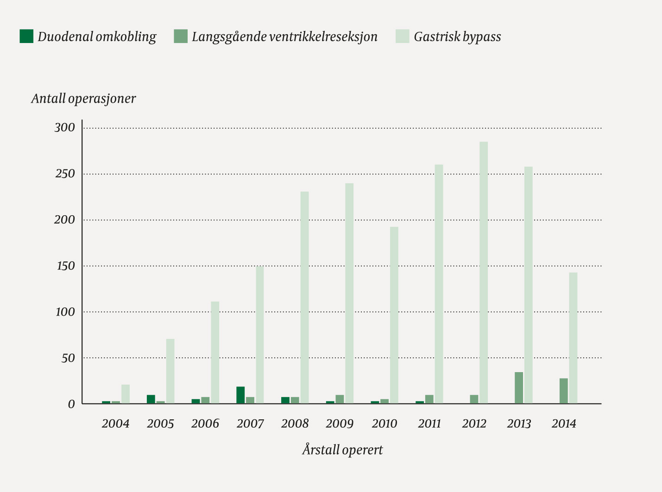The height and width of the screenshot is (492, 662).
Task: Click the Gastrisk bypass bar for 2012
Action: [483, 273]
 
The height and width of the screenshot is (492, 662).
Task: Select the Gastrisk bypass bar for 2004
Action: [126, 394]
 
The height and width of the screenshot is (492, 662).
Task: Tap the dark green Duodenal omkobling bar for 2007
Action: [240, 395]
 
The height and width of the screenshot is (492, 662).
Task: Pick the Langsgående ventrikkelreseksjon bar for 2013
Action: [519, 388]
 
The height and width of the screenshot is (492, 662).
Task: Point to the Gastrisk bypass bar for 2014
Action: [573, 338]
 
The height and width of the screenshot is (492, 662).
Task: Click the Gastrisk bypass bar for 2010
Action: [394, 315]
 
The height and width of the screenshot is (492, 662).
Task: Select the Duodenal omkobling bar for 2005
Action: [151, 399]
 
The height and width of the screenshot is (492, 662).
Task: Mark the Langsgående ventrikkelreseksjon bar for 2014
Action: [563, 391]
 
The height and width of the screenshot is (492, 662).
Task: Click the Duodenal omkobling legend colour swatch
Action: [26, 37]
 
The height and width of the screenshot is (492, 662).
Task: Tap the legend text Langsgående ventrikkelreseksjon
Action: [284, 37]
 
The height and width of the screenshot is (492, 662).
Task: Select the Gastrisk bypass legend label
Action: [457, 37]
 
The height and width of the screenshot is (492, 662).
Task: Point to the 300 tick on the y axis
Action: [64, 128]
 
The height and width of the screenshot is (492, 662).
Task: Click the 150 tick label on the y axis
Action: [65, 266]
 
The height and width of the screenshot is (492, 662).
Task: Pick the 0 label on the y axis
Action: [71, 404]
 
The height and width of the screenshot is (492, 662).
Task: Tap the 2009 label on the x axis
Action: [340, 423]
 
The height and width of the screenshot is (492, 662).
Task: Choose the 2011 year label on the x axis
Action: [429, 423]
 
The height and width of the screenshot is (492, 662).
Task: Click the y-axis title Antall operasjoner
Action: [83, 99]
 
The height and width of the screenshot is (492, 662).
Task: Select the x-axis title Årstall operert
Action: [342, 450]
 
